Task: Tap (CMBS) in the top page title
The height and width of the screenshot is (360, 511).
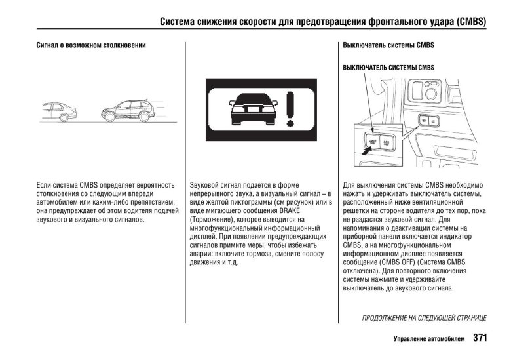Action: [468, 21]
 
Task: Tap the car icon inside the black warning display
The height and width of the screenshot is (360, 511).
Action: [252, 108]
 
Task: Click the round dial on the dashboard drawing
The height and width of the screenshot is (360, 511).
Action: [431, 93]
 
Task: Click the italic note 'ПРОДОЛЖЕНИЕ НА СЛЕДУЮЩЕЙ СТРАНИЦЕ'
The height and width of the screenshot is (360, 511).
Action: [424, 318]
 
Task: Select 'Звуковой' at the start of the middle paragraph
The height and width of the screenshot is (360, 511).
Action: [204, 186]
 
